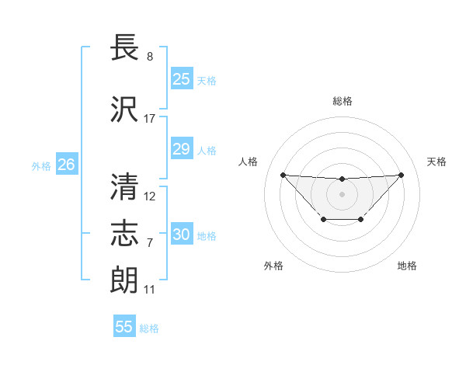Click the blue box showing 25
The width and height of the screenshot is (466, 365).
click(181, 78)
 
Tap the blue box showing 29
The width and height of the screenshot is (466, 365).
click(181, 149)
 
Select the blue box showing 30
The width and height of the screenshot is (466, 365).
click(181, 235)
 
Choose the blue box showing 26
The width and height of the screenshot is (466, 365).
click(66, 164)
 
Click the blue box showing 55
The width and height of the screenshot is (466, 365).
click(124, 327)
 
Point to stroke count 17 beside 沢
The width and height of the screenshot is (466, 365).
click(149, 119)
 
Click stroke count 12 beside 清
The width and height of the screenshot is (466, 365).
click(150, 196)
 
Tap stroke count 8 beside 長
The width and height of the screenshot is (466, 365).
click(149, 57)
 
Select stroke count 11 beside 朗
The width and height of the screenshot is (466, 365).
click(149, 290)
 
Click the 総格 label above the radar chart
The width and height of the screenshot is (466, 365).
click(342, 101)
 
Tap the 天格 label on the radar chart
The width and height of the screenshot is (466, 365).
click(436, 162)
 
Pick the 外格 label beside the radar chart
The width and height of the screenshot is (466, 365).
click(273, 266)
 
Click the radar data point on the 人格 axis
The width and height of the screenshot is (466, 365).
click(283, 175)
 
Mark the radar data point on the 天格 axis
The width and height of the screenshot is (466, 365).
click(401, 175)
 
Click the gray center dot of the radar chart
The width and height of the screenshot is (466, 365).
click(342, 193)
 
